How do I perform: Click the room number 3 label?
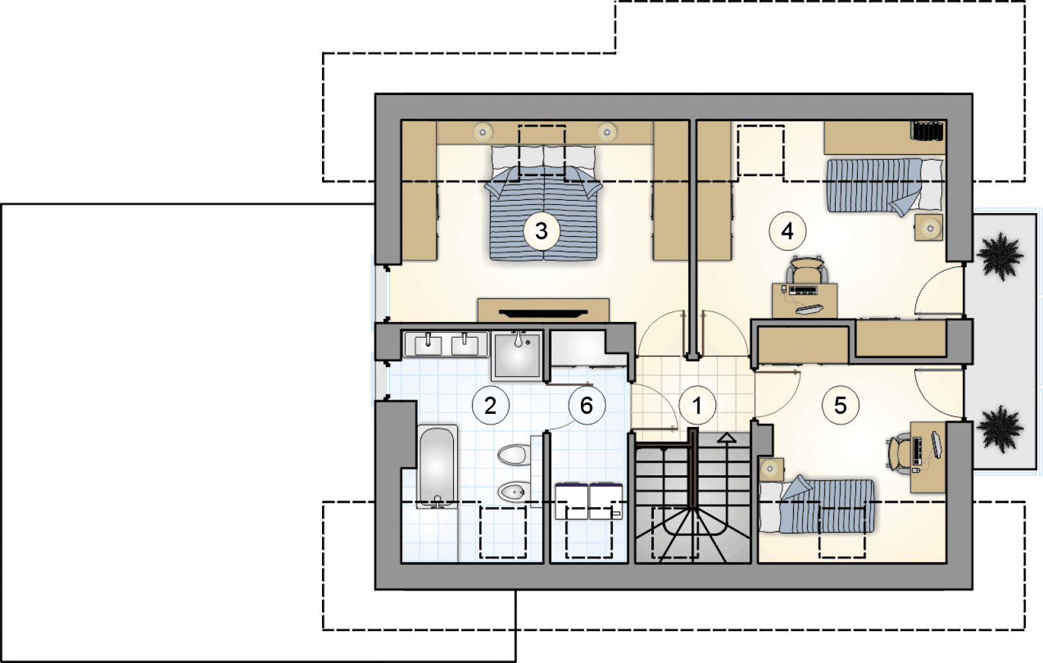[x=541, y=231]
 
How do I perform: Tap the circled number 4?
[x=787, y=231]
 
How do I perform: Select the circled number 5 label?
[x=840, y=405]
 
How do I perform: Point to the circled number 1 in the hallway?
[x=697, y=405]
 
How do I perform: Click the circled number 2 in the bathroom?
[x=490, y=405]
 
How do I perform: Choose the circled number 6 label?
[x=587, y=405]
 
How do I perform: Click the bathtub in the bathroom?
[x=437, y=466]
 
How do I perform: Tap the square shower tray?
[x=517, y=355]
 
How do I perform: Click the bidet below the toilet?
[x=514, y=492]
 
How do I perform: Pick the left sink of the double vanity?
[x=428, y=344]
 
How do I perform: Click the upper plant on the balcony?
[x=1000, y=257]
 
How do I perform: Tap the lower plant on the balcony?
[x=1000, y=429]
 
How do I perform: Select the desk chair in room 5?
[x=899, y=454]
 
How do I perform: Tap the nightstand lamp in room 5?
[x=770, y=468]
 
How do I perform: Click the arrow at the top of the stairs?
[x=726, y=437]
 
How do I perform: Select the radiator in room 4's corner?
[x=928, y=131]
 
